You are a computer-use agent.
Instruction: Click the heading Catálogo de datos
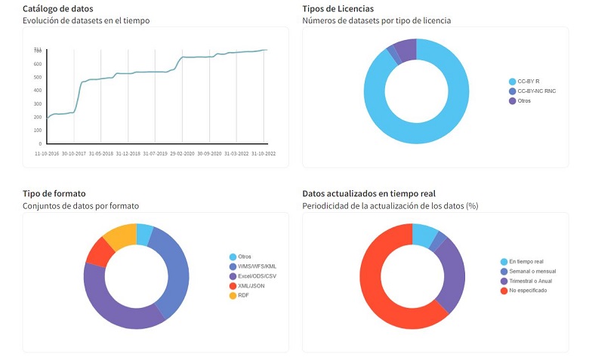(x=57, y=8)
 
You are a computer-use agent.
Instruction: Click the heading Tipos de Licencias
(x=338, y=8)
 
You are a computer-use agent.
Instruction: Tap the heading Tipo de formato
(x=54, y=194)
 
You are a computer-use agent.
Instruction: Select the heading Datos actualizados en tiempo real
(x=369, y=194)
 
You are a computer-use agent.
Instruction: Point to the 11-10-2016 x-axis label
(x=47, y=152)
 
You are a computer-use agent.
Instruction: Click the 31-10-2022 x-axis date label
(x=264, y=152)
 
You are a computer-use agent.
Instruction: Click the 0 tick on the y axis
(x=40, y=143)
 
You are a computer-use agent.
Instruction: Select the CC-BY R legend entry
(x=528, y=82)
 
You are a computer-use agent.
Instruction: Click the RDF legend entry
(x=244, y=295)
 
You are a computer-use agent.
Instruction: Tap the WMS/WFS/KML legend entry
(x=257, y=266)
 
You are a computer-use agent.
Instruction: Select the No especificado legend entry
(x=528, y=290)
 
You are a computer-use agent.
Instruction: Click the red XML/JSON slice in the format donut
(x=99, y=251)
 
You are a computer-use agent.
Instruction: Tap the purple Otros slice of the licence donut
(x=406, y=50)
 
